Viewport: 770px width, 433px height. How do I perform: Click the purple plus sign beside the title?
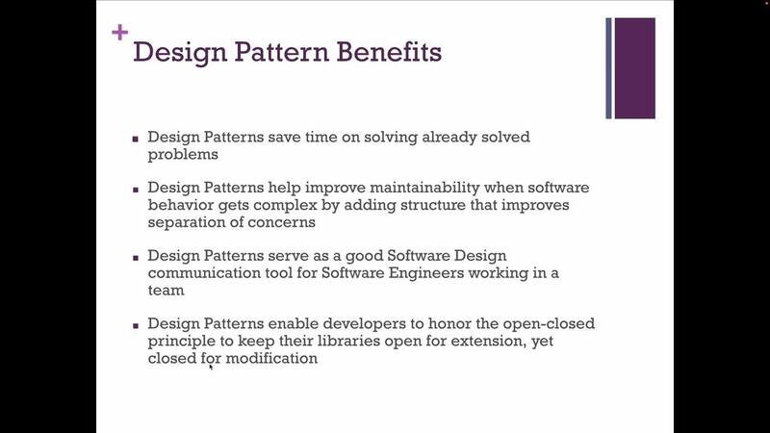(119, 33)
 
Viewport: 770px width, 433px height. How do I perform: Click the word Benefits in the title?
(389, 52)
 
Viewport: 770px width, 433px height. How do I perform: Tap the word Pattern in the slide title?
(281, 52)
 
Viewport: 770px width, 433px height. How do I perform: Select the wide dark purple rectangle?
(634, 68)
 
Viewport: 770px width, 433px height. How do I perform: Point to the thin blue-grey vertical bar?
(608, 68)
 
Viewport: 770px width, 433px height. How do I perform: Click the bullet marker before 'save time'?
(136, 139)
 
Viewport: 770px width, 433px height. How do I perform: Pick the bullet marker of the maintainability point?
(136, 190)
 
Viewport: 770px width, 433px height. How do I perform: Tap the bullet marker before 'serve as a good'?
(136, 258)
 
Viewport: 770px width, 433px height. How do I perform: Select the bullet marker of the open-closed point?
(136, 325)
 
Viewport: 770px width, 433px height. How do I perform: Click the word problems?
(183, 155)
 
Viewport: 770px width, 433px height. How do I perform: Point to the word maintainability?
(424, 188)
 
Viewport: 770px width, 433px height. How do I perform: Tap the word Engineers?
(425, 273)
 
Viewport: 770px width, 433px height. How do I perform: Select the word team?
(166, 291)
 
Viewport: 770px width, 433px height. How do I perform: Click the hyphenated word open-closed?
(549, 324)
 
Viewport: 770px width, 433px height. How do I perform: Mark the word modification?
(271, 358)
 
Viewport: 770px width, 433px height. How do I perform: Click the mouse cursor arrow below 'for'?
(211, 367)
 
